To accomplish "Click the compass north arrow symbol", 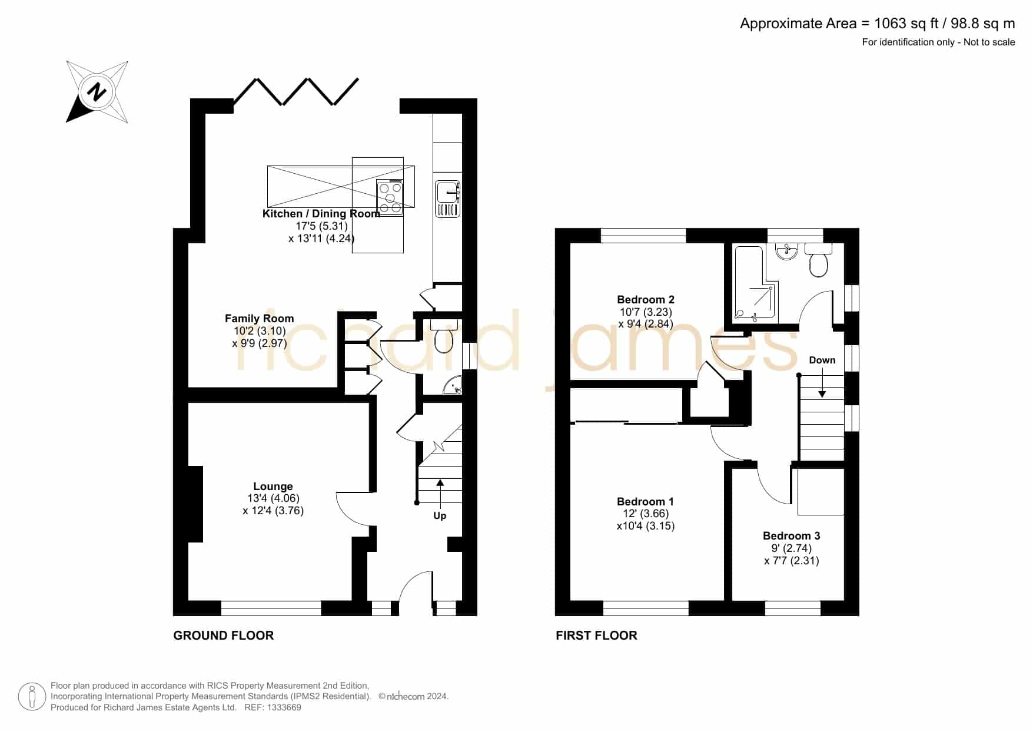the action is (x=97, y=92).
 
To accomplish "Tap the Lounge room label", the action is (x=273, y=487).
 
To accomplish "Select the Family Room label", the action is (x=260, y=319).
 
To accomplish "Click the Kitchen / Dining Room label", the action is (x=321, y=214).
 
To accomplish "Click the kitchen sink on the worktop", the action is (x=448, y=199).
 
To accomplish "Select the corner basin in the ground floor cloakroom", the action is (x=453, y=386).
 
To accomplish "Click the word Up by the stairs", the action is (x=440, y=516).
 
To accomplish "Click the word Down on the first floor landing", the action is (x=822, y=360).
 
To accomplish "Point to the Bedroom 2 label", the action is (x=646, y=300).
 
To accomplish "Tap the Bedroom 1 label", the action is (x=646, y=502).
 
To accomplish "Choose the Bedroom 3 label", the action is (x=792, y=536).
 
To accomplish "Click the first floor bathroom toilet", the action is (x=818, y=260).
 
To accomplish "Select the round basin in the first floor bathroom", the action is (x=786, y=252).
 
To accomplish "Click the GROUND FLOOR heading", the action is (x=224, y=636).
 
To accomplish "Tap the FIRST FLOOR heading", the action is (x=596, y=636).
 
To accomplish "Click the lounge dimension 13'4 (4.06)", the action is (x=273, y=498).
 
